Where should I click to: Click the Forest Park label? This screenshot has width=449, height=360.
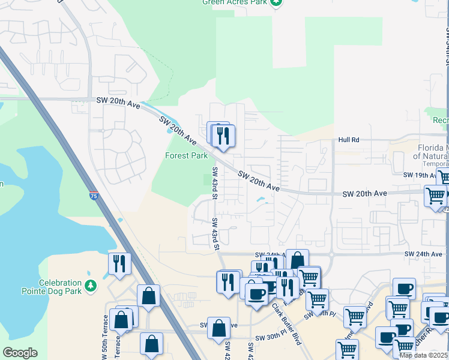(187, 155)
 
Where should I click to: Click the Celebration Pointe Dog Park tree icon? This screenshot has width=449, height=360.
(91, 286)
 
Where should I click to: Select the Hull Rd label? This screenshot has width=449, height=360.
(348, 139)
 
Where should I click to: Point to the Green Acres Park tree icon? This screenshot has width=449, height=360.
(276, 2)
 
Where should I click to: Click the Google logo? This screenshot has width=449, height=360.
(20, 353)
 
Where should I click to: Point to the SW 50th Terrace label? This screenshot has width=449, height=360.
(106, 334)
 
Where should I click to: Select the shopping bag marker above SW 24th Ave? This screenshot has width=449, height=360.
(297, 260)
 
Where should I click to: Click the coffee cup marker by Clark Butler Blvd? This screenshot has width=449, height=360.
(257, 293)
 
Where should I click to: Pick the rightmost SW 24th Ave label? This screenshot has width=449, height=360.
(423, 254)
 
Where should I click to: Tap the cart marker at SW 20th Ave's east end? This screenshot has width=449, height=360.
(436, 195)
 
